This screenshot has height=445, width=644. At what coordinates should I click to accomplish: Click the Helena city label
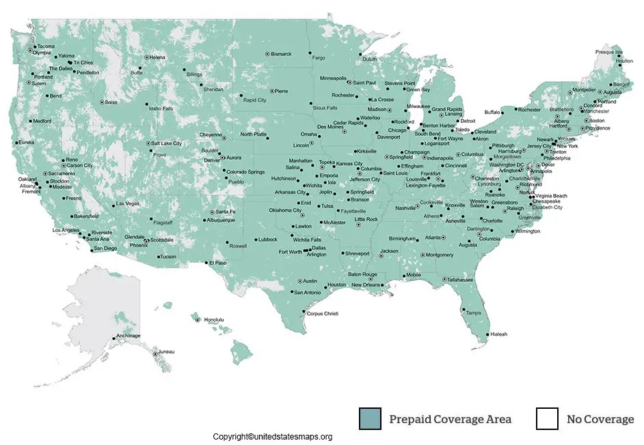point(157,57)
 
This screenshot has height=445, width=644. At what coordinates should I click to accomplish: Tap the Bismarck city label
point(281,54)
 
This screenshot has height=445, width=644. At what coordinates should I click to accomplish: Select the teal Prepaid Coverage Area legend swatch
point(370,418)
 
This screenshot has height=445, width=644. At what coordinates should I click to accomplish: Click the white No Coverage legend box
point(547,418)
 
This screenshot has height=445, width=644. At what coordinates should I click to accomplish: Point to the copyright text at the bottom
point(272,437)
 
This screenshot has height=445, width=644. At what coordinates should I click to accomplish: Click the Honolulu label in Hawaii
point(214,319)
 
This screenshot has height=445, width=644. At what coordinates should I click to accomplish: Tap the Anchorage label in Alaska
point(128,336)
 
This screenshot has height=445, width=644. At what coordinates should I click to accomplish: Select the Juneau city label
point(166,351)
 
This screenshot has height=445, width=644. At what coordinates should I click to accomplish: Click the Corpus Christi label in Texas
point(323,313)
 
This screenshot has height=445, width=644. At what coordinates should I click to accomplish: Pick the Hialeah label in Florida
point(498,334)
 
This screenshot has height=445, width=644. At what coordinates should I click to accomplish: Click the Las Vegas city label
point(128,203)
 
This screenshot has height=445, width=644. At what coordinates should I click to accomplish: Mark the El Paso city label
point(217,263)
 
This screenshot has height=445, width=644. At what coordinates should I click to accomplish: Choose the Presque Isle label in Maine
point(608,52)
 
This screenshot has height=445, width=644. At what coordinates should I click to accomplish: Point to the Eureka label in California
point(26,142)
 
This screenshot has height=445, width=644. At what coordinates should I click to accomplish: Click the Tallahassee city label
point(460,279)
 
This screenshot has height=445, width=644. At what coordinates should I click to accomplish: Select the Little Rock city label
point(366,219)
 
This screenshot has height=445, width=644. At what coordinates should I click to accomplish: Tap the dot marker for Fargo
point(310,53)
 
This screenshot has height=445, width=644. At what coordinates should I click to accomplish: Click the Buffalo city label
point(492,112)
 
